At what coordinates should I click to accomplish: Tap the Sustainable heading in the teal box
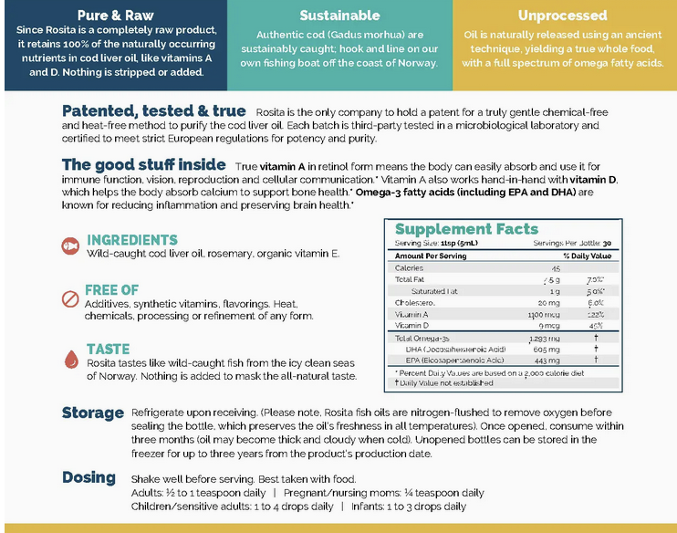point(339,16)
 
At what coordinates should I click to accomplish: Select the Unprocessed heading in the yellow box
point(562,16)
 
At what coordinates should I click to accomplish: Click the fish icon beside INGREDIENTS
point(70,246)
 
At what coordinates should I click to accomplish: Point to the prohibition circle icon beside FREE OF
point(70,298)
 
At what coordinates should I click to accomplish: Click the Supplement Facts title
point(466,229)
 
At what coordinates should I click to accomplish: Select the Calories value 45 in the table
point(555,267)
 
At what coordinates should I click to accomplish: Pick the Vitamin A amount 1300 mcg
point(547,313)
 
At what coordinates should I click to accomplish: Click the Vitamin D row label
point(411,325)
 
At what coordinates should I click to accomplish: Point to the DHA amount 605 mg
point(547,349)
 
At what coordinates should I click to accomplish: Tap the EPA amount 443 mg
point(547,360)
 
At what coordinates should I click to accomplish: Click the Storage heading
point(93,413)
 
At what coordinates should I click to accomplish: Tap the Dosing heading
point(89,477)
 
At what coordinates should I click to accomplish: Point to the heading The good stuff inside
point(143,165)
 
